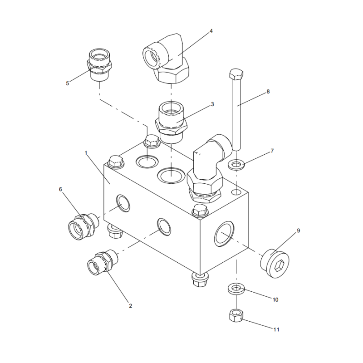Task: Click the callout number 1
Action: pyautogui.click(x=86, y=153)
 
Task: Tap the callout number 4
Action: pyautogui.click(x=211, y=31)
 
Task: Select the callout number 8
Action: pyautogui.click(x=268, y=91)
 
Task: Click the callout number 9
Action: pyautogui.click(x=299, y=231)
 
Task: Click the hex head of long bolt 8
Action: pyautogui.click(x=236, y=74)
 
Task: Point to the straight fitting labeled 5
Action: pyautogui.click(x=99, y=66)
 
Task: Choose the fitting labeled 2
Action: pyautogui.click(x=102, y=261)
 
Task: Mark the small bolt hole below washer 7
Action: pyautogui.click(x=236, y=193)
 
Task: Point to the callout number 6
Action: pyautogui.click(x=60, y=189)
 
